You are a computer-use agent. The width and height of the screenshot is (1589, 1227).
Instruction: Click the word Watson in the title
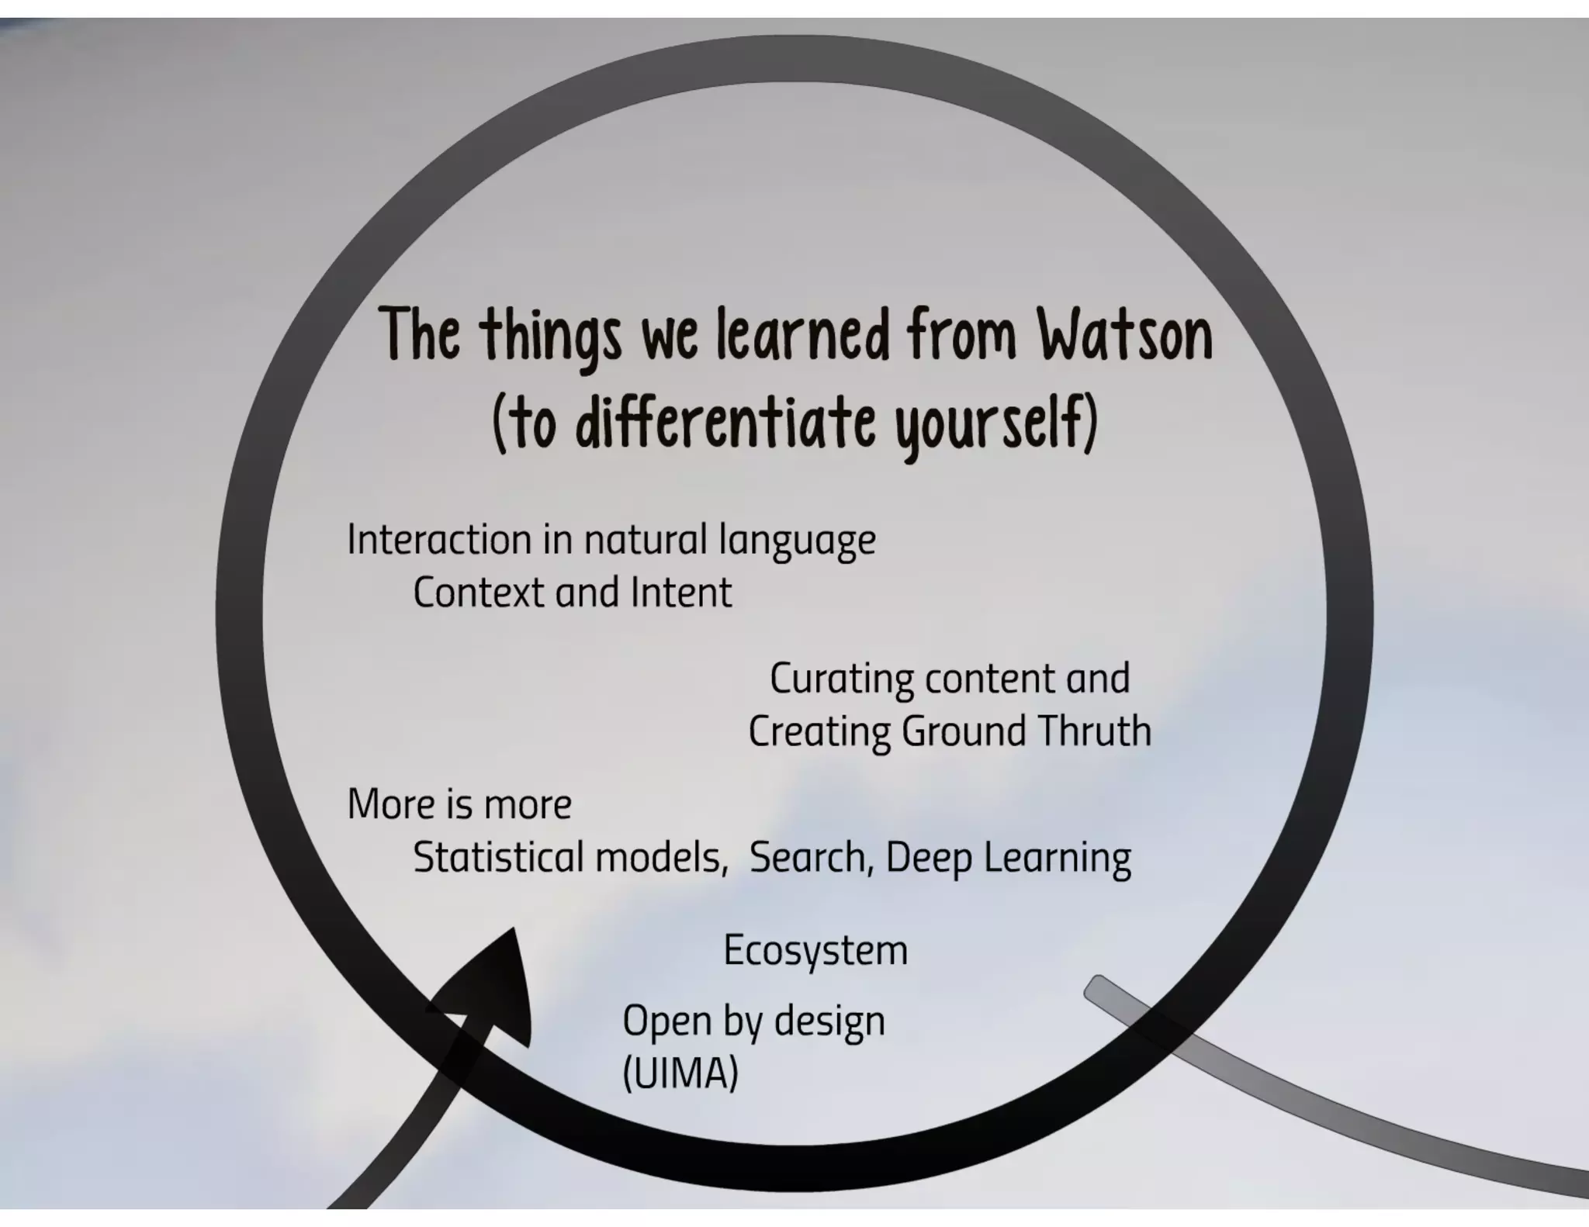[x=1125, y=335]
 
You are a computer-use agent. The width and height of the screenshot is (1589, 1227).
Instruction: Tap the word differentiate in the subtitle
[x=725, y=422]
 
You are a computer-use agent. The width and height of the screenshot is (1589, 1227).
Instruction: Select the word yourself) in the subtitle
[x=997, y=423]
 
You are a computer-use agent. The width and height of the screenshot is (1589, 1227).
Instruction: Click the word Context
[x=478, y=593]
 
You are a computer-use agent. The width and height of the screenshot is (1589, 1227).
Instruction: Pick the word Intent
[x=680, y=593]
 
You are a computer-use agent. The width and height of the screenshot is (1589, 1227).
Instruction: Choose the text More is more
[x=459, y=804]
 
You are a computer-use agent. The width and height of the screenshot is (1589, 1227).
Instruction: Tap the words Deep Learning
[x=1008, y=858]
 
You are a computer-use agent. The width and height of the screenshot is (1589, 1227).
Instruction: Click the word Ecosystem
[x=815, y=950]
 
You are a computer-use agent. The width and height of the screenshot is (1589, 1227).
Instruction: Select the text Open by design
[x=753, y=1021]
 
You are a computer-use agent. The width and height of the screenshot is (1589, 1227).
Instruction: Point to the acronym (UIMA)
[x=680, y=1073]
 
